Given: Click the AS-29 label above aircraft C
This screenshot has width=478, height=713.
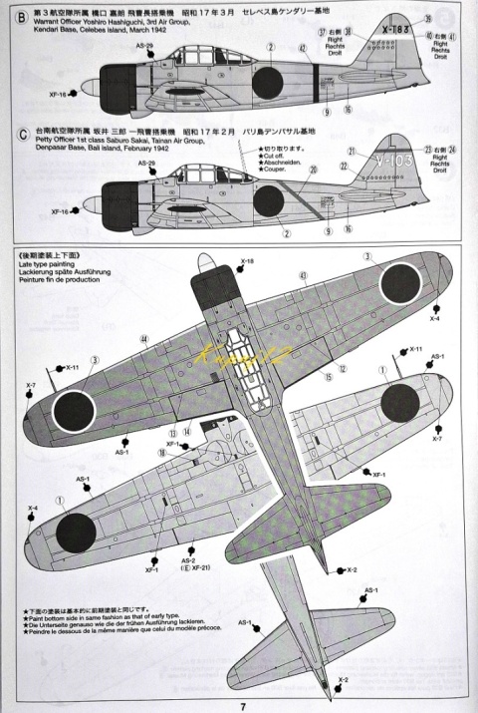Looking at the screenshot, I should click(147, 163).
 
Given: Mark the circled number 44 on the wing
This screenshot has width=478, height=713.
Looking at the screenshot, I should click(144, 339).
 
